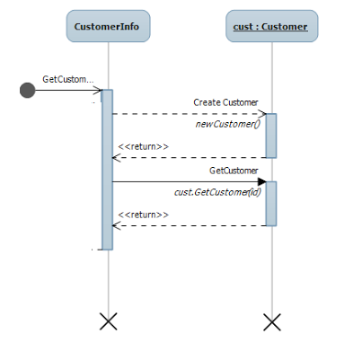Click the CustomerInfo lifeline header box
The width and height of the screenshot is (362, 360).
tap(108, 26)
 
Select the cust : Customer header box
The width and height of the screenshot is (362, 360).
tap(271, 26)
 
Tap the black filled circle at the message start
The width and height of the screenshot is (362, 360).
tap(27, 90)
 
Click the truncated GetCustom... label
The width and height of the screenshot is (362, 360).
tap(67, 79)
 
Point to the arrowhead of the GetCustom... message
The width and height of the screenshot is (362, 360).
tap(98, 90)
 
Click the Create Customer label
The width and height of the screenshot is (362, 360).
tap(225, 102)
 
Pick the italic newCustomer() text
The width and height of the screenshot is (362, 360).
tap(227, 124)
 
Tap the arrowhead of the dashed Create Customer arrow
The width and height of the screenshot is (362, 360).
tap(262, 114)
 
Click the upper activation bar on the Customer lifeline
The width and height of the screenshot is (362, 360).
tap(270, 135)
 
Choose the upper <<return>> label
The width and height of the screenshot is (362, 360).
tap(143, 146)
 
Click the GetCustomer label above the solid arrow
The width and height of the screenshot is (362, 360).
tap(234, 170)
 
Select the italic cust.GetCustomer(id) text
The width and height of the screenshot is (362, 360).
tap(216, 192)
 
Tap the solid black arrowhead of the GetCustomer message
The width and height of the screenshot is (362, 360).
tap(261, 181)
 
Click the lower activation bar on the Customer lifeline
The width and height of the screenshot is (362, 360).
tap(270, 203)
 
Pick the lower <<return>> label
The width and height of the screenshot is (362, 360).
tap(143, 215)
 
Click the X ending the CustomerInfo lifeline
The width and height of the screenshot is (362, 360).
tap(108, 320)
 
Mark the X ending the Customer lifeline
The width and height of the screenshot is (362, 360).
tap(271, 320)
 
